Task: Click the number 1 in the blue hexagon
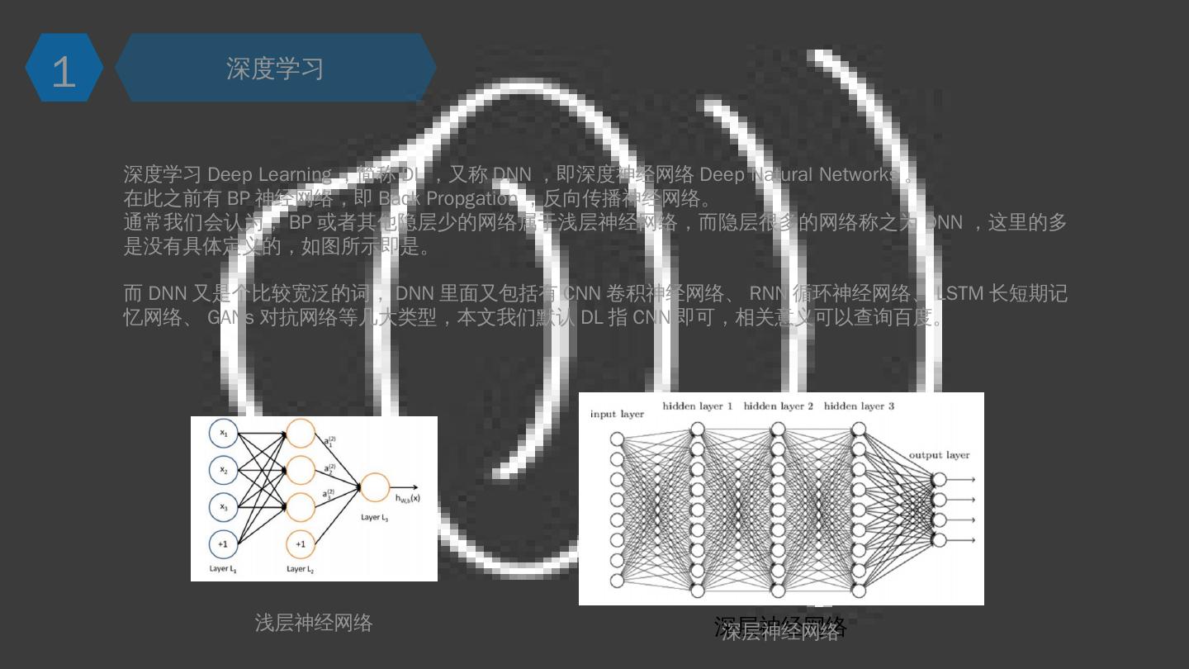(64, 72)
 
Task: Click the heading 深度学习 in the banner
(275, 69)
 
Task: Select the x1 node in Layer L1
(223, 433)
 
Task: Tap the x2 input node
(223, 470)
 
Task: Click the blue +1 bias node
(223, 544)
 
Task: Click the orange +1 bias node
(301, 544)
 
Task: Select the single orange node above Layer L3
(375, 487)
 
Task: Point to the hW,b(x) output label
(407, 498)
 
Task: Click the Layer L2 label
(300, 569)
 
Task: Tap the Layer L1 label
(223, 569)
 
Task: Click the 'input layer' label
(617, 414)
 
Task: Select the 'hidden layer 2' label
(778, 406)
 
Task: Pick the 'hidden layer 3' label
(859, 406)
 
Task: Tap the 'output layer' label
(939, 455)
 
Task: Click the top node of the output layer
(939, 480)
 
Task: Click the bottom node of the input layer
(617, 581)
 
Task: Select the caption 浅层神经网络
(314, 623)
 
